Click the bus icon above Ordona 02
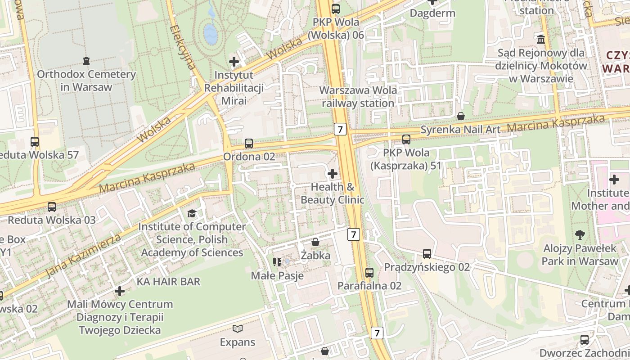249,144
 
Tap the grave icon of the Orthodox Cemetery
86,60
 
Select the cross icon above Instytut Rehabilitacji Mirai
234,62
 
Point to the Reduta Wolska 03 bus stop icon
52,207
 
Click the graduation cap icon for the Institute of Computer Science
192,213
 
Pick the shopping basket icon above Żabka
315,242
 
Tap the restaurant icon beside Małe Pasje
277,262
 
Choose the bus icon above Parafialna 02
369,272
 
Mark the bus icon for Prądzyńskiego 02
427,254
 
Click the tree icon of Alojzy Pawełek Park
580,234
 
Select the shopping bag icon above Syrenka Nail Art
461,116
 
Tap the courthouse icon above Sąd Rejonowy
541,39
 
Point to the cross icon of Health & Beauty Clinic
333,174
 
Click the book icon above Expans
238,329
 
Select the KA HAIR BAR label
168,282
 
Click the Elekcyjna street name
183,47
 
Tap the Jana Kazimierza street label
84,255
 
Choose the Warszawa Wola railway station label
358,97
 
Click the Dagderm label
432,13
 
